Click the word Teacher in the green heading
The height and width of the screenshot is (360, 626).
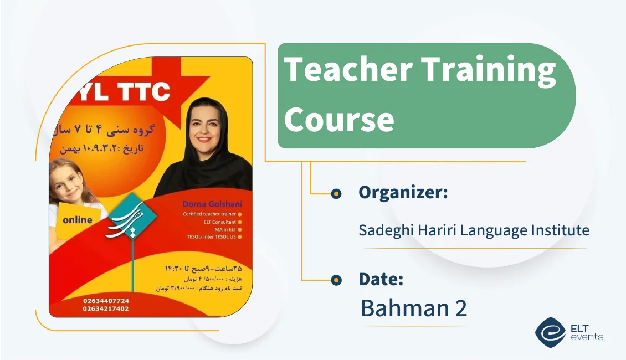pyautogui.click(x=348, y=70)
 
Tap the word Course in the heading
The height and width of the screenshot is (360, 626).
pyautogui.click(x=339, y=119)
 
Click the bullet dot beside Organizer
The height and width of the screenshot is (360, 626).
pyautogui.click(x=336, y=193)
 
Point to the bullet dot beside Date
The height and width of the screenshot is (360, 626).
pyautogui.click(x=336, y=280)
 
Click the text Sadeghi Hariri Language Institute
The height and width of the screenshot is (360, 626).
pyautogui.click(x=474, y=230)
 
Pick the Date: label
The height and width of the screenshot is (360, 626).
pyautogui.click(x=381, y=279)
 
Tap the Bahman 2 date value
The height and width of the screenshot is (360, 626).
pyautogui.click(x=413, y=308)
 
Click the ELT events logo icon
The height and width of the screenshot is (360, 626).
pyautogui.click(x=550, y=332)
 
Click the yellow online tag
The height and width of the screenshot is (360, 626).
pyautogui.click(x=78, y=220)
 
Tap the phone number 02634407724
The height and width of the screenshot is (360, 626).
pyautogui.click(x=106, y=300)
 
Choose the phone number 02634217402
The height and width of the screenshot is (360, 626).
pyautogui.click(x=106, y=308)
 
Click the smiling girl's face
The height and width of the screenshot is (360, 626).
pyautogui.click(x=69, y=184)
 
